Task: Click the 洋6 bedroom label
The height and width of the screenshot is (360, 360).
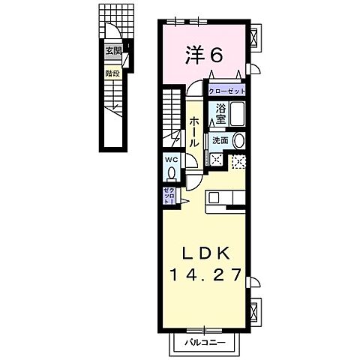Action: tap(203, 54)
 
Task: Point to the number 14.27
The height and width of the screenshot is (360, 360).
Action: tap(203, 275)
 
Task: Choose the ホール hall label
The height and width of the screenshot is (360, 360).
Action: tap(194, 132)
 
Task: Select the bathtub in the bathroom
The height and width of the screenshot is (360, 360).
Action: tap(237, 115)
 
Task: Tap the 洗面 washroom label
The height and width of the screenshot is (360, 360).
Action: tap(220, 140)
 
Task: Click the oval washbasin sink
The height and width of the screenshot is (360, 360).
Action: tap(239, 140)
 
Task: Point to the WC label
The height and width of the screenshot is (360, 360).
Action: tap(170, 159)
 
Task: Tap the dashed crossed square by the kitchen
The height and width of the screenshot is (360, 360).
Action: tap(238, 160)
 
